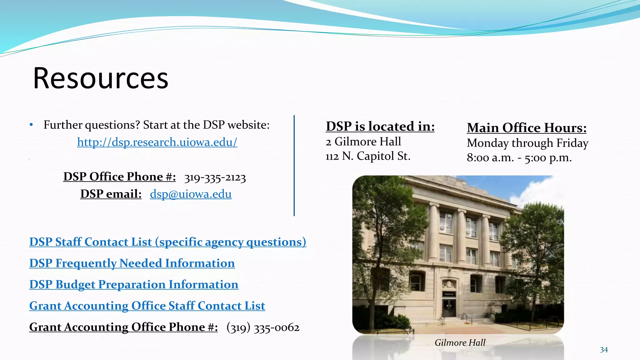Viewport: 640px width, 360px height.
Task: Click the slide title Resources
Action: coord(101,78)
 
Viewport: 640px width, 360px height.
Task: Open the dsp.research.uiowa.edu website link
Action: coord(157,142)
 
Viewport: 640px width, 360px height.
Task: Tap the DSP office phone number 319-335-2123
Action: coord(215,177)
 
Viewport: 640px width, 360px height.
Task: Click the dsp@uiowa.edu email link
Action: coord(191,194)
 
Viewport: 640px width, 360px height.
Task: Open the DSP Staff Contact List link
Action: coord(167,242)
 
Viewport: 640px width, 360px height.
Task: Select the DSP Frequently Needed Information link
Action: coord(132,263)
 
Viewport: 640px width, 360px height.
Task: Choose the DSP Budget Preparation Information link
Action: coord(134,284)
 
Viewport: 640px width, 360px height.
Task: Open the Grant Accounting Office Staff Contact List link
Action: coord(147,306)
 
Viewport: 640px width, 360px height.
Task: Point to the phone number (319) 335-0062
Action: coord(263,327)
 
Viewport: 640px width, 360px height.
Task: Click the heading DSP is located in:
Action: coord(380,126)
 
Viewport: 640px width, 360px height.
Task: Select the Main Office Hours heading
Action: coord(527,128)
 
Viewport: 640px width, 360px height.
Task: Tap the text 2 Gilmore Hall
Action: coord(363,142)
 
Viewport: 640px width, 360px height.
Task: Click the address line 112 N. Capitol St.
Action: coord(368,156)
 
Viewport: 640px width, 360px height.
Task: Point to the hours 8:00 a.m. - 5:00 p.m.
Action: coord(519,157)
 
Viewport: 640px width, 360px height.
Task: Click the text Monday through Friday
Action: coord(527,143)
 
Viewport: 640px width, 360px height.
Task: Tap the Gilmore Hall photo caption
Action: coord(460,342)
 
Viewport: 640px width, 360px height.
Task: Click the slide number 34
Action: coord(604,350)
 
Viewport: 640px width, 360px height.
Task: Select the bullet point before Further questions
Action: coord(31,125)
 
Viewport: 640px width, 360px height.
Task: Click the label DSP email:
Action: coord(111,194)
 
